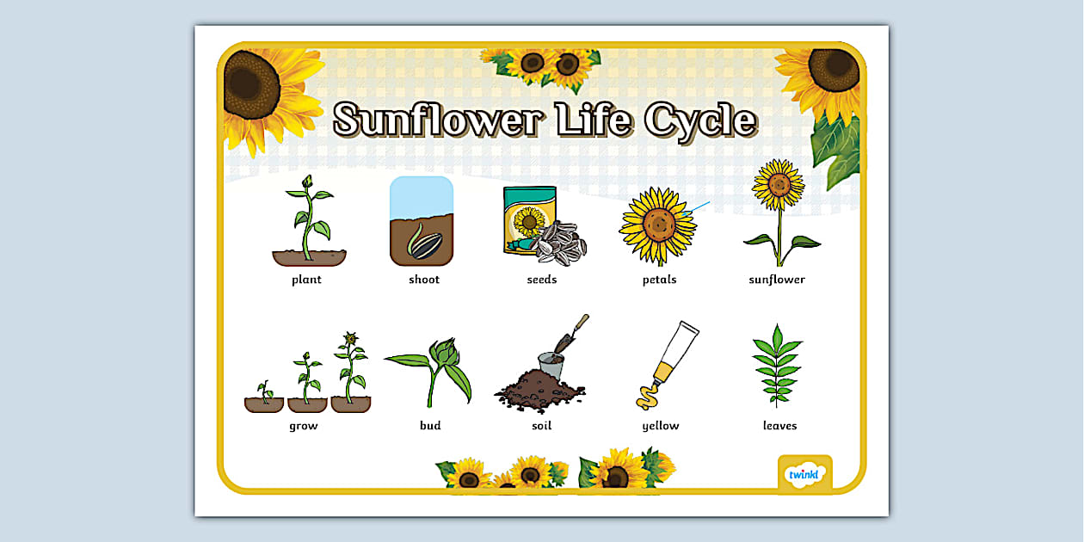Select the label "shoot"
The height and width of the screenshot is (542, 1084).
424,280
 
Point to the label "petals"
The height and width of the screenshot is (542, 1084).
660,280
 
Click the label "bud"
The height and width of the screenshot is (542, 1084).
430,426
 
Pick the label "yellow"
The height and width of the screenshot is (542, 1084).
661,426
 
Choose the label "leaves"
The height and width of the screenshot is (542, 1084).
779,426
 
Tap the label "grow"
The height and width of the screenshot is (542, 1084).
304,426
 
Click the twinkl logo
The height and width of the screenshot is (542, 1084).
805,474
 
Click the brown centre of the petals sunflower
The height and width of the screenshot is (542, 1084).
658,225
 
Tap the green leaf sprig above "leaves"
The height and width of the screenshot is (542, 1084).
776,366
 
